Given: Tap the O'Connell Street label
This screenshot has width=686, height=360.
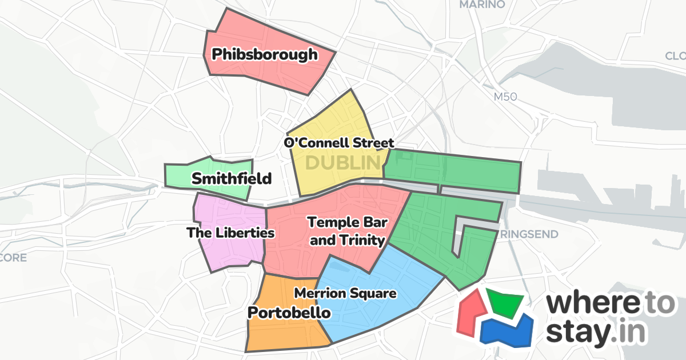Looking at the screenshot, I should [340, 142].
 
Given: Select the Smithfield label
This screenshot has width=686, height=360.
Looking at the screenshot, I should [231, 179].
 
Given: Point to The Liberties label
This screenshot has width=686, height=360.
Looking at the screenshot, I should [231, 233].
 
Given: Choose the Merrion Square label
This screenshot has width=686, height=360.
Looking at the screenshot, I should [345, 294].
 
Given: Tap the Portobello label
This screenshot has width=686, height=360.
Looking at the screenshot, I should [289, 313].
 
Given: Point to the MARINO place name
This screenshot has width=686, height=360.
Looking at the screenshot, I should [482, 5].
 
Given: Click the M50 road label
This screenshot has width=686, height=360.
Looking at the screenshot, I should [505, 97].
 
